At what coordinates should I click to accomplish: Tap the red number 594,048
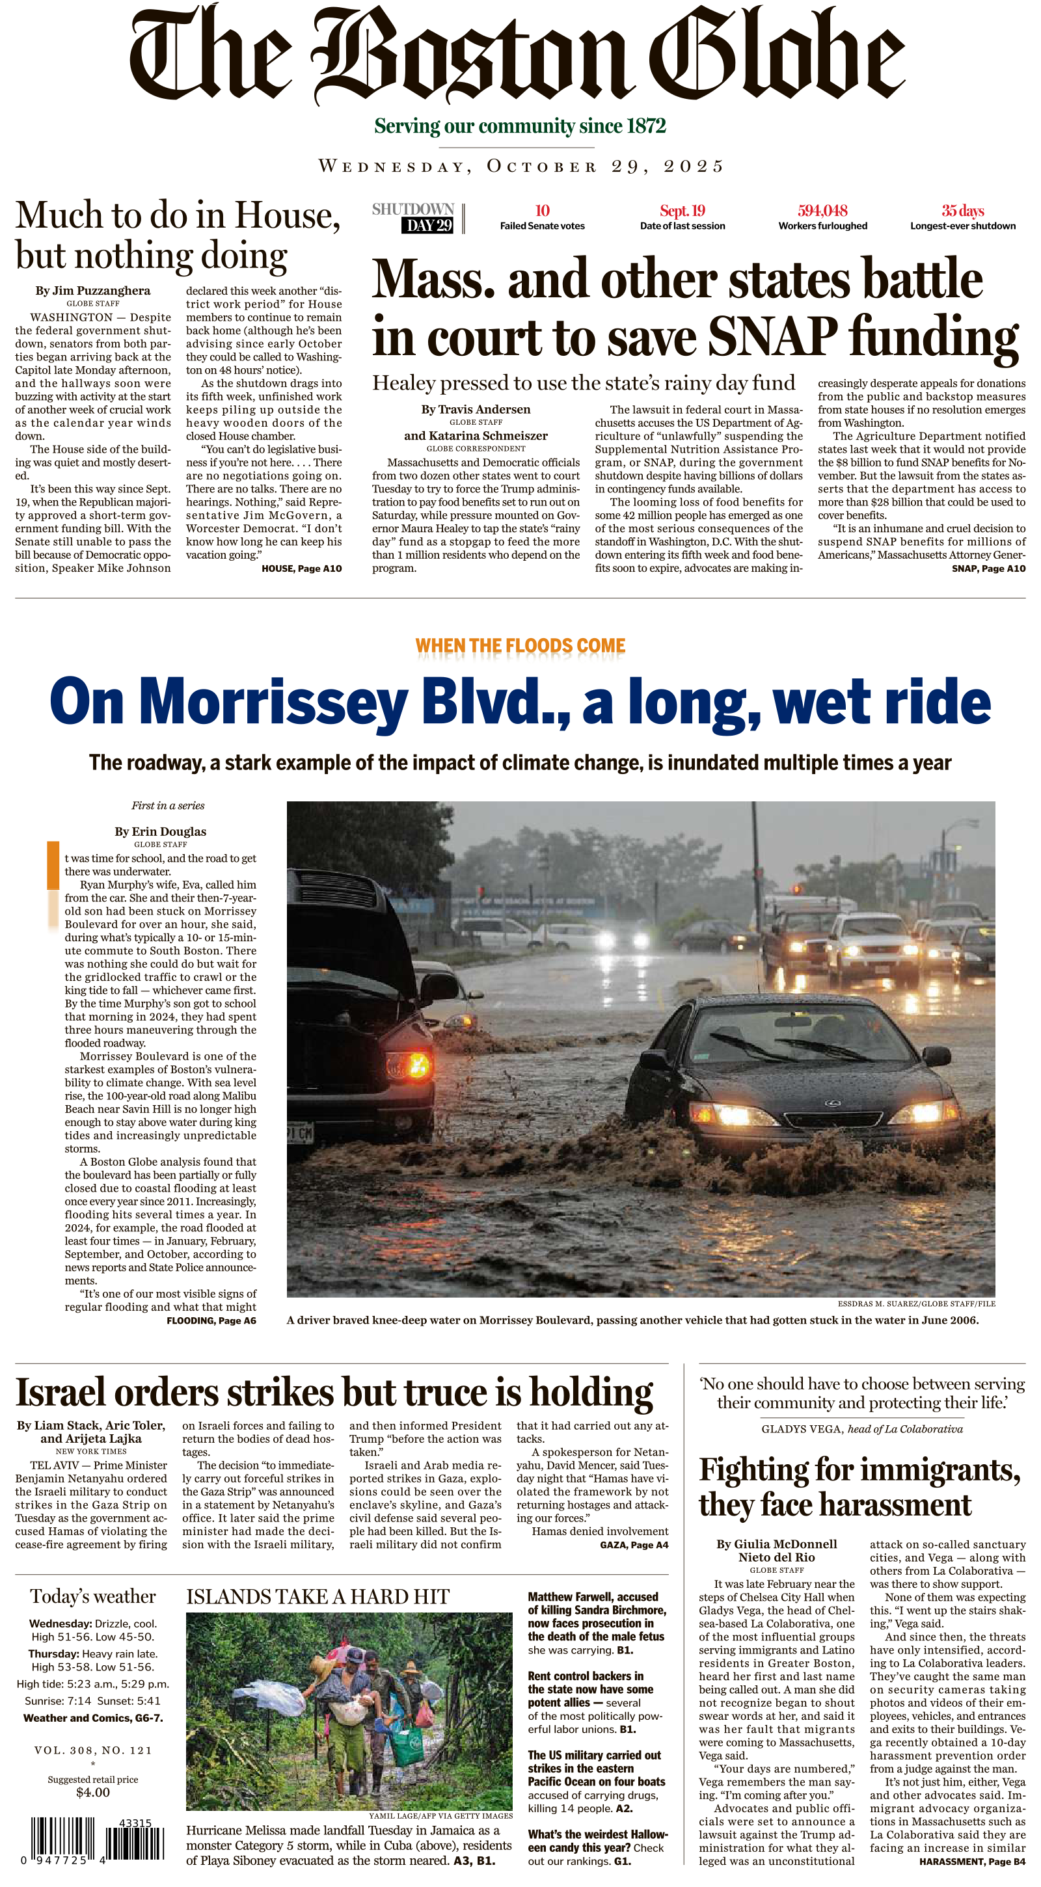tap(822, 211)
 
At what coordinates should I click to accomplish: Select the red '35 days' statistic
tap(963, 211)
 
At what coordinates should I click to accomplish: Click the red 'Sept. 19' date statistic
tap(682, 211)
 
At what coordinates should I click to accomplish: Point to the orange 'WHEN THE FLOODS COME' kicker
tap(520, 645)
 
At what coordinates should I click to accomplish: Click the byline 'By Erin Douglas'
tap(161, 831)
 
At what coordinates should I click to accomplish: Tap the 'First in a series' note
tap(168, 806)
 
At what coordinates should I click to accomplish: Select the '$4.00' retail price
tap(93, 1792)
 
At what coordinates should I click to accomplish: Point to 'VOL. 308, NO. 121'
tap(93, 1750)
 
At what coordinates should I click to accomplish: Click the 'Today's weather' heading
tap(93, 1597)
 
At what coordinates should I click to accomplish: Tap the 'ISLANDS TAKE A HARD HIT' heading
tap(318, 1597)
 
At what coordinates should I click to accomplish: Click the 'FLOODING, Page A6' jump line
tap(211, 1320)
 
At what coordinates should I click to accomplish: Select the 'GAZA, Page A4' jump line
tap(634, 1545)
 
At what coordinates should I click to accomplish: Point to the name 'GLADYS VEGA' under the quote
tap(802, 1429)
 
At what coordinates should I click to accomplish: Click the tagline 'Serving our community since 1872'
tap(520, 126)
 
